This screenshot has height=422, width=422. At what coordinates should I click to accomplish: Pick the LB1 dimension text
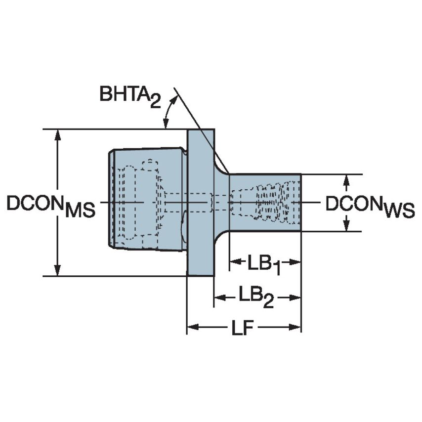click(264, 263)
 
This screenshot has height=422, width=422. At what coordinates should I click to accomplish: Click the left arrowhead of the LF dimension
click(192, 327)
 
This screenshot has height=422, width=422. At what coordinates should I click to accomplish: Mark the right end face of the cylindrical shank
click(300, 203)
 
